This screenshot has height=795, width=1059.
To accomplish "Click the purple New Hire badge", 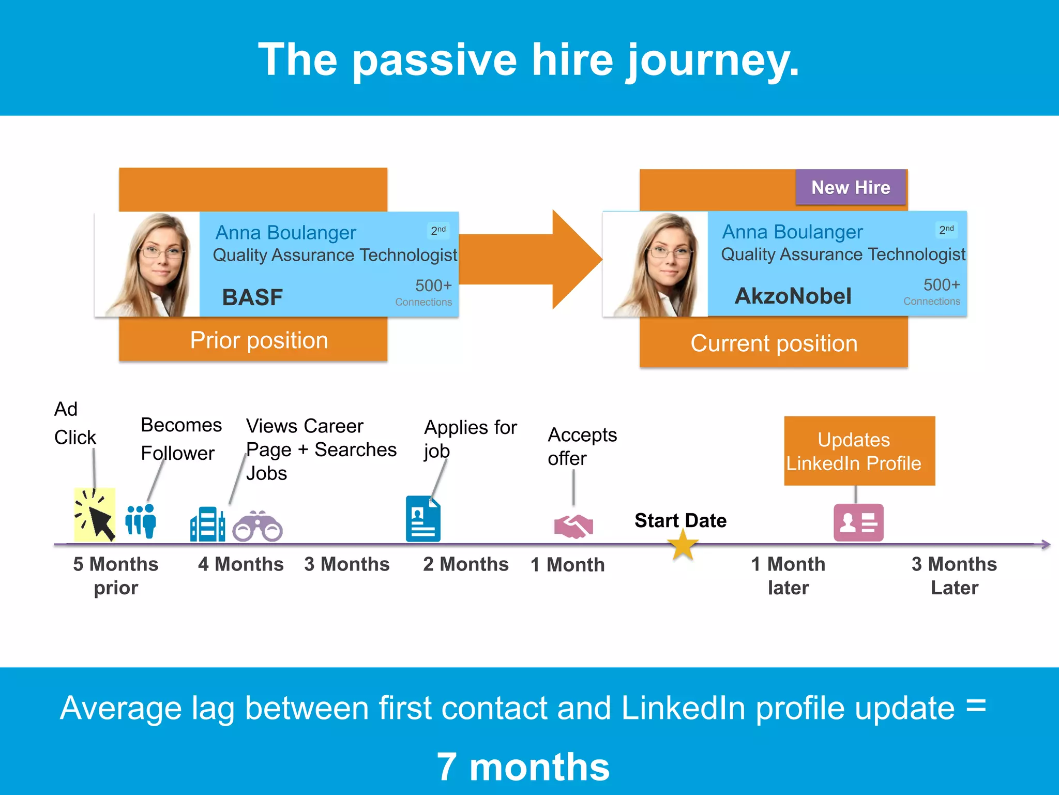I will coord(851,187).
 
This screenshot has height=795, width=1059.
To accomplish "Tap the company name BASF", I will coord(252,297).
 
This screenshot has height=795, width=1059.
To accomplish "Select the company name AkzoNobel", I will coord(793,296).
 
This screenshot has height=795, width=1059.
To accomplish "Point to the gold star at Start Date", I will coord(683,546).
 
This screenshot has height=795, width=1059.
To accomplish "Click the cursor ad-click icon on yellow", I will coord(95,515).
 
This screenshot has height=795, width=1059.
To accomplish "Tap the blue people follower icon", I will coord(141,521).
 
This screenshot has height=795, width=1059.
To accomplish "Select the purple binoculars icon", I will coord(258,527).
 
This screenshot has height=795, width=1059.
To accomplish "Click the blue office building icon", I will coord(207,524).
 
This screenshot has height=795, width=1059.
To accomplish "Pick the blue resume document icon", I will coord(423,519).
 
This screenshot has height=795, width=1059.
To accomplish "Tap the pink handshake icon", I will coord(573,526).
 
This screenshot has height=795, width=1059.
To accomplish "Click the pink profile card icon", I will coord(858,522).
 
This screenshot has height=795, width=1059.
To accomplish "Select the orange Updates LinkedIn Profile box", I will coord(859,451).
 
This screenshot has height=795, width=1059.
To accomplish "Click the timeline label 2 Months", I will coord(465,564).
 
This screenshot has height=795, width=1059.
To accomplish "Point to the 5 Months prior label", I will coord(116,575).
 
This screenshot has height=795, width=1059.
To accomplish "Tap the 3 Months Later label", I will coord(954,575).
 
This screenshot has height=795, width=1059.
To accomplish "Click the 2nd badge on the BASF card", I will coord(438,230).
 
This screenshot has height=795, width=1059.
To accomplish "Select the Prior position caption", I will coord(259,340).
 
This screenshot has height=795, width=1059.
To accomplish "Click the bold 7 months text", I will coord(523,767).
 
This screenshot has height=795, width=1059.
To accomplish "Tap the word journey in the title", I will coord(713,61).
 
